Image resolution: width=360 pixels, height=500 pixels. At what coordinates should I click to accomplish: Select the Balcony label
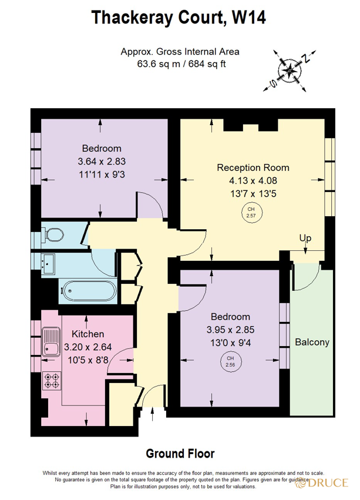tap(312, 342)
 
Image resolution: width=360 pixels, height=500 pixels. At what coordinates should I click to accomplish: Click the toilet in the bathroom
tap(55, 235)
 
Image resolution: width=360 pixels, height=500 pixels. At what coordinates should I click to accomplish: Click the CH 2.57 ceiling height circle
tap(251, 212)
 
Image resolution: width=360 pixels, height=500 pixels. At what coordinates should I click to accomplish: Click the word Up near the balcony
tap(305, 239)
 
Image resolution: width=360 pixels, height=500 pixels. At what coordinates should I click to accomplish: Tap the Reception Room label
tap(253, 167)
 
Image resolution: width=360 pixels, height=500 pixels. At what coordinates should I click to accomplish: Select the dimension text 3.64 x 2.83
tap(102, 161)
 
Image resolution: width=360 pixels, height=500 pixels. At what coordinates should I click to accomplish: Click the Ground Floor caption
tap(180, 454)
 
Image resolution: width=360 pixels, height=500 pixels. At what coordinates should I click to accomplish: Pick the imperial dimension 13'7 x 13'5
tap(253, 192)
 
